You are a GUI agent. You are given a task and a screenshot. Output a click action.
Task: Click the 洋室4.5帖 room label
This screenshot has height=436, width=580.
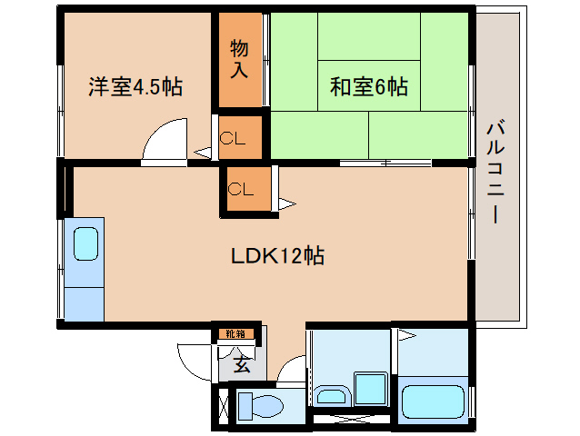(135, 87)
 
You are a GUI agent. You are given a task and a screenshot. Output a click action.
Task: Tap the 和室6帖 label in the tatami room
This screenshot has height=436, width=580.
(369, 87)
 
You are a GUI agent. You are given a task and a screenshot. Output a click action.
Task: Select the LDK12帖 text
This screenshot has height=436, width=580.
(278, 255)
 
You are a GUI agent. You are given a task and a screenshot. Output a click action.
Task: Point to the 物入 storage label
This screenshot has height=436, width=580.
(239, 59)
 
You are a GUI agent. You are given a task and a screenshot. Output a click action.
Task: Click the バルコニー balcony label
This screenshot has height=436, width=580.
(495, 173)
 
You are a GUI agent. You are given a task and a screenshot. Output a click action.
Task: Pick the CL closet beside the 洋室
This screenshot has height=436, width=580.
(233, 139)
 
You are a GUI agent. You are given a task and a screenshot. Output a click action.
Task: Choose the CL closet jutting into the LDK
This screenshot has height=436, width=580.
(241, 189)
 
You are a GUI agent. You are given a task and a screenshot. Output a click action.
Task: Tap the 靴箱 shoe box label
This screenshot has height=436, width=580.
(235, 334)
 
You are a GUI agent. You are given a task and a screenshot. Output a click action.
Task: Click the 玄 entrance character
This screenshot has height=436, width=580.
(242, 365)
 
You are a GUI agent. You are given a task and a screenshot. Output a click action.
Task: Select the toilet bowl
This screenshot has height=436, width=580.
(260, 406)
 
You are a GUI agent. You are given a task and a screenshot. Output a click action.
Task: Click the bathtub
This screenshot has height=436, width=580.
(433, 401)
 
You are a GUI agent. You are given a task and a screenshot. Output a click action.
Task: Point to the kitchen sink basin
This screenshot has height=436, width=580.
(85, 244)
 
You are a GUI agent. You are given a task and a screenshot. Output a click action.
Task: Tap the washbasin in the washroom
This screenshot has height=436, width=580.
(332, 396)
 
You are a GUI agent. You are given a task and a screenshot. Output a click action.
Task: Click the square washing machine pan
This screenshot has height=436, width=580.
(371, 389)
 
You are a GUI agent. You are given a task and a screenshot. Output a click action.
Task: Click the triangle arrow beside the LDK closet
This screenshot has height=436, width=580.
(287, 204)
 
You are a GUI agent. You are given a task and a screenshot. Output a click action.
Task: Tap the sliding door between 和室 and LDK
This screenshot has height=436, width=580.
(385, 163)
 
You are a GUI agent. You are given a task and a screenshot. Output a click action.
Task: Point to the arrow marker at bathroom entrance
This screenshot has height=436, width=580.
(407, 336)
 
